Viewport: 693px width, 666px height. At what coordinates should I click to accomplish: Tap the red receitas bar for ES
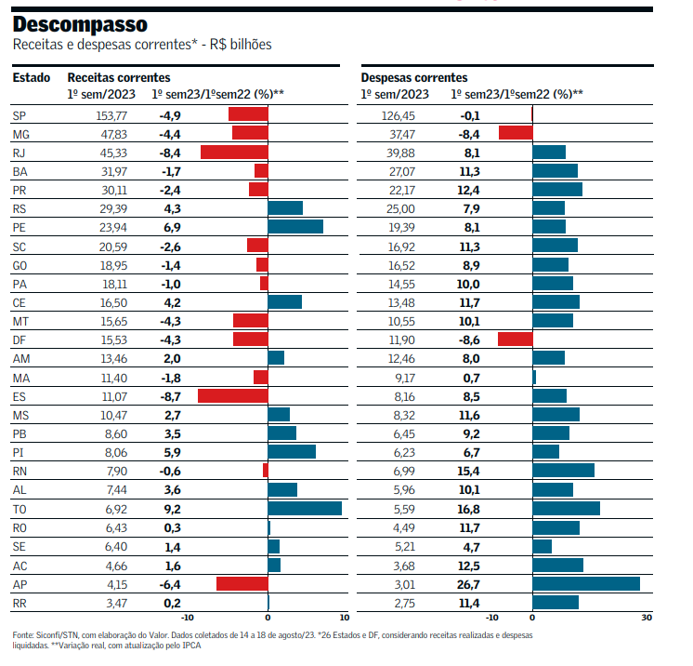(x=232, y=395)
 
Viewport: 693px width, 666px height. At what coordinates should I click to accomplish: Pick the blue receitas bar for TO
(x=305, y=509)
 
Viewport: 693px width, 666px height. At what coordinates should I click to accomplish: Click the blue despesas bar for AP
(x=586, y=583)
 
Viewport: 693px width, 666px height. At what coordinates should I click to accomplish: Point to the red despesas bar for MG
(x=516, y=133)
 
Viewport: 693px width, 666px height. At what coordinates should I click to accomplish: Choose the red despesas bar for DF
(x=515, y=339)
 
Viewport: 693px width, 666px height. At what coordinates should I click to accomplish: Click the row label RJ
(x=20, y=152)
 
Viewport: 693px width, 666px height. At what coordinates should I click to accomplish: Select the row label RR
(x=20, y=603)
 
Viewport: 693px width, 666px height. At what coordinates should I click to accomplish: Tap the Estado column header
(x=32, y=78)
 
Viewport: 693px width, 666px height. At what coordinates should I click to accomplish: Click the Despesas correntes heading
(x=414, y=78)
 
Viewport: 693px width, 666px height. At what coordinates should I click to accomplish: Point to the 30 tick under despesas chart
(x=647, y=618)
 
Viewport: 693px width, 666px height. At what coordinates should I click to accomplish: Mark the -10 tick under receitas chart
(x=187, y=618)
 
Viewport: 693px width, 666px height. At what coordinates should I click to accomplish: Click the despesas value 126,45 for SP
(x=399, y=114)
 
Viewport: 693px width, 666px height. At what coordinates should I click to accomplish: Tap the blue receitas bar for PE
(x=295, y=227)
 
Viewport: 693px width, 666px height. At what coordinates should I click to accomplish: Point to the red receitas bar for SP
(x=248, y=114)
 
